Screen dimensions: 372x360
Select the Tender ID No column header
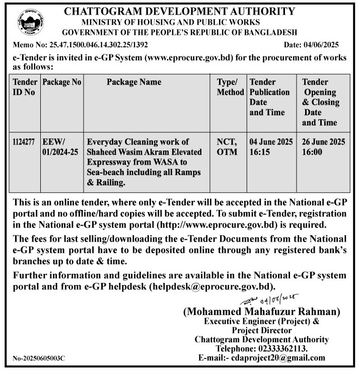pyautogui.click(x=24, y=87)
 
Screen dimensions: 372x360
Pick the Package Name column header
pyautogui.click(x=134, y=82)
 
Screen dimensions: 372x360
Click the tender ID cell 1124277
pyautogui.click(x=24, y=142)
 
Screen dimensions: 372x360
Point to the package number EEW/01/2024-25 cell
pyautogui.click(x=60, y=147)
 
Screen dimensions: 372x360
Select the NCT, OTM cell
pyautogui.click(x=227, y=147)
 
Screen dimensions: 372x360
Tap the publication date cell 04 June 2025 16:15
pyautogui.click(x=271, y=147)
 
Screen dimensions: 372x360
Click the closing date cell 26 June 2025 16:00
pyautogui.click(x=324, y=147)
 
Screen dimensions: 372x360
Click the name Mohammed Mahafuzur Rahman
pyautogui.click(x=261, y=312)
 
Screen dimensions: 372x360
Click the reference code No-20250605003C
pyautogui.click(x=39, y=358)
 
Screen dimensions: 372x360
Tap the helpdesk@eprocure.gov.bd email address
pyautogui.click(x=211, y=287)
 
